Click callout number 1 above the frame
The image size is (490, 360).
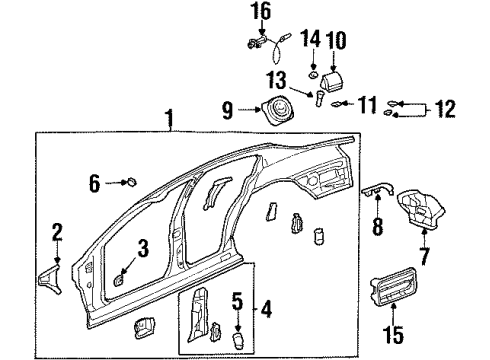[170, 122]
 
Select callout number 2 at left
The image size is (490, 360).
[57, 234]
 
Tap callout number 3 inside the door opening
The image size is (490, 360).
[143, 246]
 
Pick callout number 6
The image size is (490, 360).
[96, 182]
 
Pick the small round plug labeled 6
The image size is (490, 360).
[130, 182]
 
